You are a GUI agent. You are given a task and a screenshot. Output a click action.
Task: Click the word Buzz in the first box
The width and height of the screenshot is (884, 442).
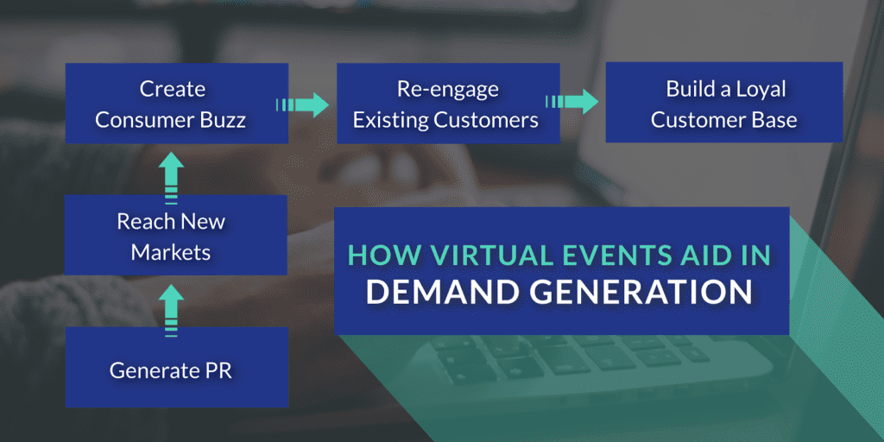coord(224,119)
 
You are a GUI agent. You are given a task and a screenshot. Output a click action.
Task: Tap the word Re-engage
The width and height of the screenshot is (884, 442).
coord(448,89)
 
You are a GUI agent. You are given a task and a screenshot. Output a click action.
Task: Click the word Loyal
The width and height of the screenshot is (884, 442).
coord(755,89)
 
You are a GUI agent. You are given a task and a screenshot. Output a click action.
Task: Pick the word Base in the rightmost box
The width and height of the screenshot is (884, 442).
coord(773,119)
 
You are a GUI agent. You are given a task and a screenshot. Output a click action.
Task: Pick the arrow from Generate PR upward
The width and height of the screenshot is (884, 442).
coord(172,306)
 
